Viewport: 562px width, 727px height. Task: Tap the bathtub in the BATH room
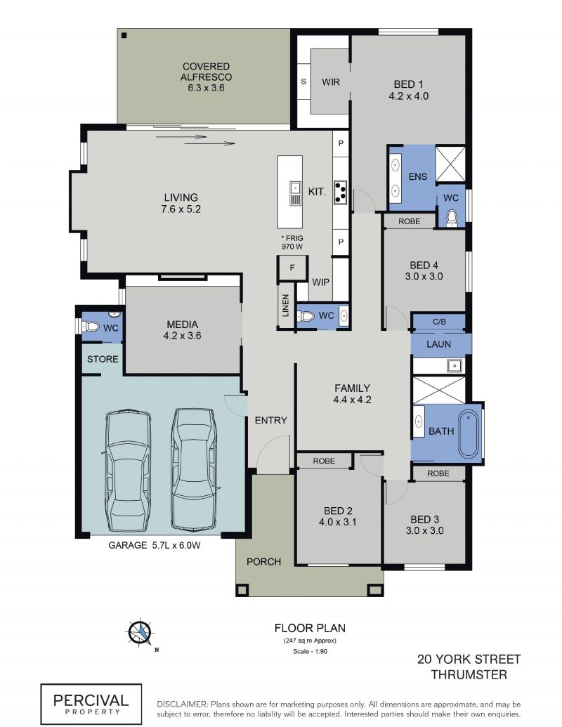pyautogui.click(x=469, y=433)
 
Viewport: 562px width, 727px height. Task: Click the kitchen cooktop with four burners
pyautogui.click(x=340, y=192)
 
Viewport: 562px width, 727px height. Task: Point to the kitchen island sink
pyautogui.click(x=295, y=193)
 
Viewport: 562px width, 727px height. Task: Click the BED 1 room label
pyautogui.click(x=409, y=90)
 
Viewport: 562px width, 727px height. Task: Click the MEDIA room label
pyautogui.click(x=182, y=329)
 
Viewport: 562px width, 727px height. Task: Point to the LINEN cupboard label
pyautogui.click(x=286, y=306)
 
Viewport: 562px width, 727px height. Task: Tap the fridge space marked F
pyautogui.click(x=292, y=268)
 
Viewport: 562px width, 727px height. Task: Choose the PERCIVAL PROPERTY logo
pyautogui.click(x=91, y=704)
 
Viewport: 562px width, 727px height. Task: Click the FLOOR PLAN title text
pyautogui.click(x=310, y=628)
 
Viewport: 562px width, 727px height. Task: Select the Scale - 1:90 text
pyautogui.click(x=310, y=651)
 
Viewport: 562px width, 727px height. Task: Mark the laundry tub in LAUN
pyautogui.click(x=455, y=365)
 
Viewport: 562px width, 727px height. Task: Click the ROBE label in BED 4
pyautogui.click(x=410, y=222)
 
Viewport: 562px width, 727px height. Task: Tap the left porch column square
pyautogui.click(x=242, y=590)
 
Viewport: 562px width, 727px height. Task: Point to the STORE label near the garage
pyautogui.click(x=103, y=359)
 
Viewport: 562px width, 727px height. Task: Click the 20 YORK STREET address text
pyautogui.click(x=469, y=660)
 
